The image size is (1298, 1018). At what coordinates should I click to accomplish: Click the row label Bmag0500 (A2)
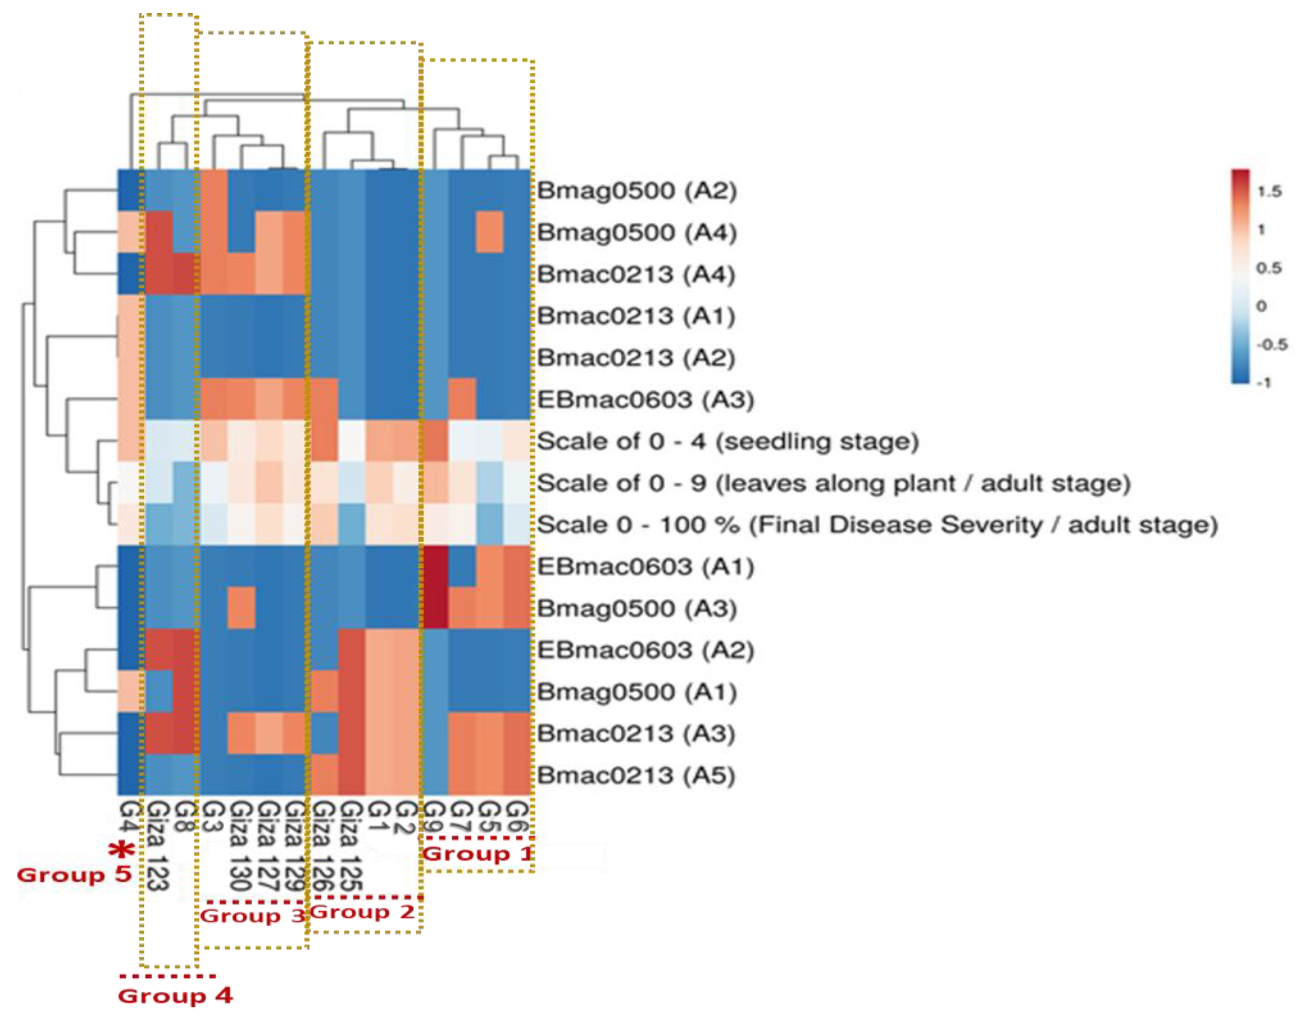(637, 191)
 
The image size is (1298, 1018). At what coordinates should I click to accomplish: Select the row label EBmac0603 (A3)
(645, 399)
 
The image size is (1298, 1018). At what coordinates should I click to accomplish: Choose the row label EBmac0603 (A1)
(645, 567)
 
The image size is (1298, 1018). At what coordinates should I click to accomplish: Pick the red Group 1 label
(477, 854)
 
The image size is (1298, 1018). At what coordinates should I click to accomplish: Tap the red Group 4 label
(175, 996)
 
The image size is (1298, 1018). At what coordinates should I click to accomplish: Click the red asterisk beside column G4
(122, 850)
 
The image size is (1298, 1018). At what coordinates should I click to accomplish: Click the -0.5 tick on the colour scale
(1272, 344)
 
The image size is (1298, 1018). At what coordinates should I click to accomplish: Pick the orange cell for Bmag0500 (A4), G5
(490, 232)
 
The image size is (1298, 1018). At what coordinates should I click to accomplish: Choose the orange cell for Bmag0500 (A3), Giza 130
(242, 608)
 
